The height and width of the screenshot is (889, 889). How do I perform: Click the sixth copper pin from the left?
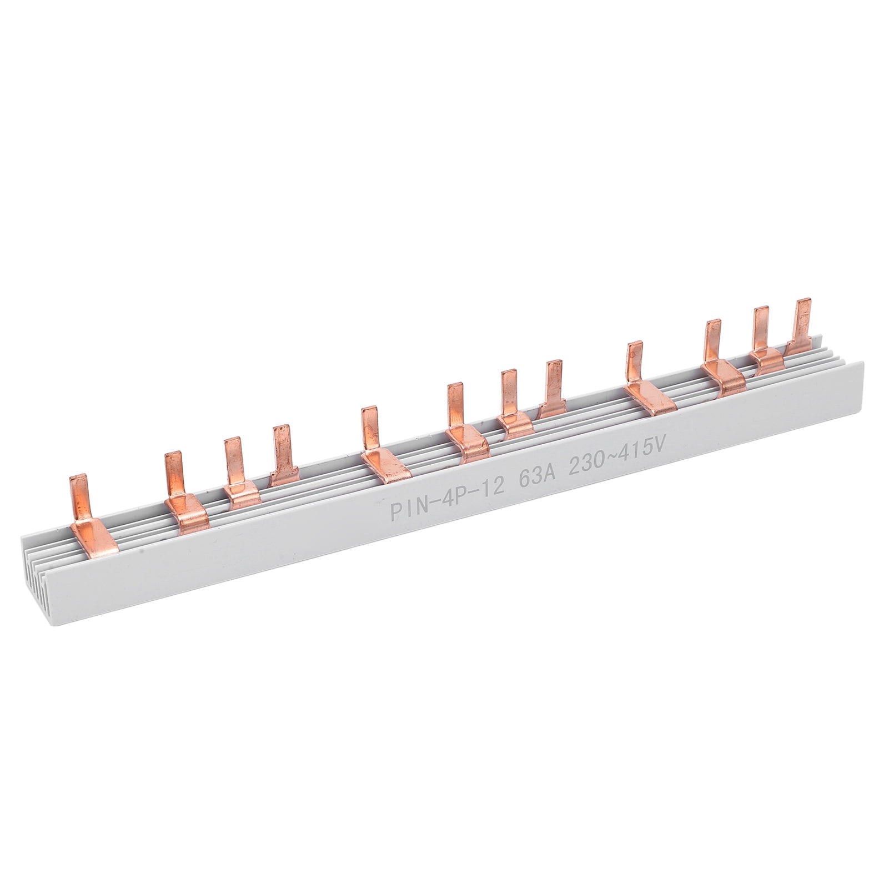[x=456, y=405]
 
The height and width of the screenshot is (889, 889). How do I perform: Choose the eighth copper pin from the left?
[x=553, y=383]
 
